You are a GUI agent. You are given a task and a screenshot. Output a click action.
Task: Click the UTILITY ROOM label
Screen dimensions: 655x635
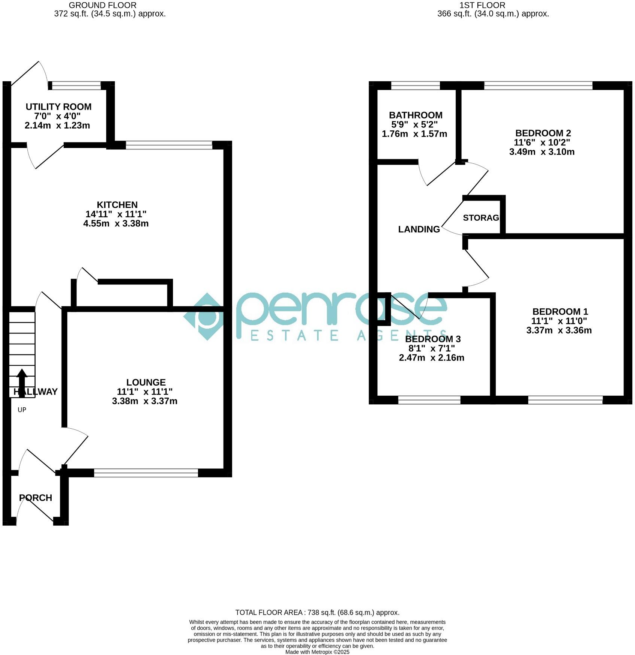coord(58,107)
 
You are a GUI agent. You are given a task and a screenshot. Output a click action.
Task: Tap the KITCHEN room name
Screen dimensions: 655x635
coord(117,205)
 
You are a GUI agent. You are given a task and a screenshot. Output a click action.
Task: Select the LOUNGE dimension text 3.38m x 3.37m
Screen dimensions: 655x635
coord(145,401)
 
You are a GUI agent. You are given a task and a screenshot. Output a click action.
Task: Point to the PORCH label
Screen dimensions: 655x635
coord(36,498)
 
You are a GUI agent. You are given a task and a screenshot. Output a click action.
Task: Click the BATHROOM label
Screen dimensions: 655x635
coord(416,115)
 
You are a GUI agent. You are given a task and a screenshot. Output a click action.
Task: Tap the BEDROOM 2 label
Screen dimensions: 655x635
coord(543,133)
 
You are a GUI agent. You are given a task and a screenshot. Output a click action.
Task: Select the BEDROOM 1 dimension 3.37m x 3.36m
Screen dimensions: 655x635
coord(559,330)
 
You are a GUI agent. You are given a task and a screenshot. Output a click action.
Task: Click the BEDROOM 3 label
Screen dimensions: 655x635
coord(433,339)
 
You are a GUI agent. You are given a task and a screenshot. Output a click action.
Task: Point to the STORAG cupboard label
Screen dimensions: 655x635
coord(481,218)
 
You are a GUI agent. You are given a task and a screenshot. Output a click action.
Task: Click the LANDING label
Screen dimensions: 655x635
coord(419,229)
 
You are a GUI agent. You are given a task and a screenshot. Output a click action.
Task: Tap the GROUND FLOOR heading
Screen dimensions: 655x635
coord(103,5)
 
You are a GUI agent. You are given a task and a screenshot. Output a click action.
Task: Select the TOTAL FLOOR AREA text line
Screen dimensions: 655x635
coord(317,613)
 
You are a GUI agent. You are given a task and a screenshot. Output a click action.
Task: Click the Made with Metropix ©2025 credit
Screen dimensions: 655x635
coord(317,652)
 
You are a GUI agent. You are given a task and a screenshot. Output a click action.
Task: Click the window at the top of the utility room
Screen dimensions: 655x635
coord(76,86)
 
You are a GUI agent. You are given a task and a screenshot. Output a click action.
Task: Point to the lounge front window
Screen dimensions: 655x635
coord(146,473)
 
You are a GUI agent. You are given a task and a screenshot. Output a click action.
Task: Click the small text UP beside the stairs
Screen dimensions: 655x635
coord(22,410)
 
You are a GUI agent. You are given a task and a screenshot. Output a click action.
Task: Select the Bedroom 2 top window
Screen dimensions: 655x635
coord(538,86)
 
